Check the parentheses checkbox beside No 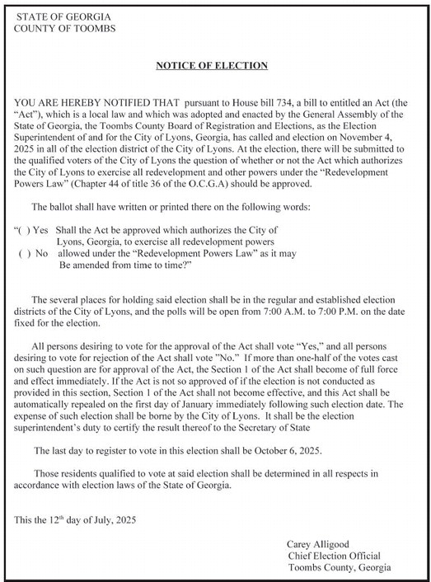point(24,252)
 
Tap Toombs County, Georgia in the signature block point(339,567)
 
